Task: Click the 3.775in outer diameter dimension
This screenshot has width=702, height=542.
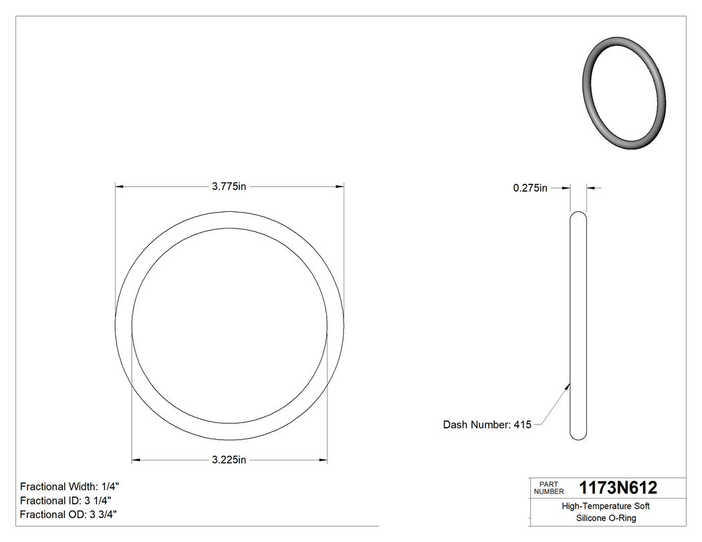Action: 229,187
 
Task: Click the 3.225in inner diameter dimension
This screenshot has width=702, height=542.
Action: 229,460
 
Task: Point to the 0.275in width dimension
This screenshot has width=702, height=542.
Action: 530,188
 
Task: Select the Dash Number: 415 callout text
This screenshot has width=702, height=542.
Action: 487,424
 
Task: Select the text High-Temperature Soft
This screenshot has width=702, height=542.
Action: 605,507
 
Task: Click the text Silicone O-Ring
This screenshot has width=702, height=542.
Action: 605,518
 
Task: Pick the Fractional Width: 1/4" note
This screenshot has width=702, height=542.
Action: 70,487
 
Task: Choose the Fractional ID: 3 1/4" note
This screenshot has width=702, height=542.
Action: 66,501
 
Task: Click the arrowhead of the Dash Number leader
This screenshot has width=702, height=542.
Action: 568,385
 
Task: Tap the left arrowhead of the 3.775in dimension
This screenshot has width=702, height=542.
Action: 120,187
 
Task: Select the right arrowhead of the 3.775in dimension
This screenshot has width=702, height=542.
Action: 340,187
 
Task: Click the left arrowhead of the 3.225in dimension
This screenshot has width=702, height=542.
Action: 136,460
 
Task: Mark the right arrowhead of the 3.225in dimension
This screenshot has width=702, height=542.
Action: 324,460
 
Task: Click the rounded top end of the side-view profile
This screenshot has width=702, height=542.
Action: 578,216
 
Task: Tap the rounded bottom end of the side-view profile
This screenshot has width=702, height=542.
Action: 578,436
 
